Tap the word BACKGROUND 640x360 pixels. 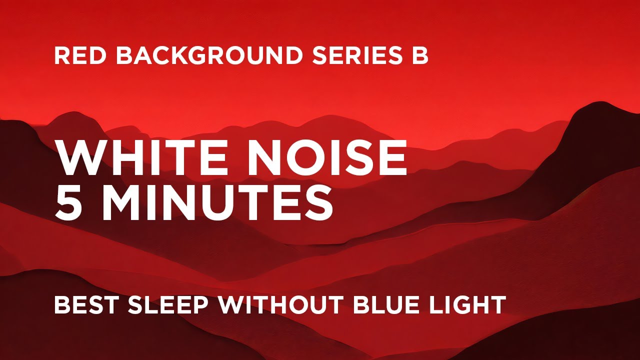pyautogui.click(x=209, y=56)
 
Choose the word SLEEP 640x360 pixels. pyautogui.click(x=170, y=304)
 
